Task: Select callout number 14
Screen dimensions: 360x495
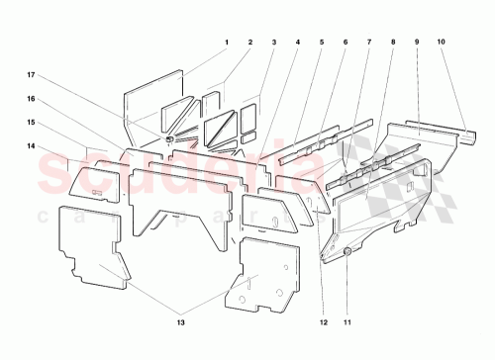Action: [32, 146]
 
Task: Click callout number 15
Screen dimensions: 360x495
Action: [32, 122]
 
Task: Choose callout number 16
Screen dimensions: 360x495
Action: [32, 99]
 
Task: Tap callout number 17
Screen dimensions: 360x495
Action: [32, 73]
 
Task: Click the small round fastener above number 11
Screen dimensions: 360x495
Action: [348, 254]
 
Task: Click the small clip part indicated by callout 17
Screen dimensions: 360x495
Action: [170, 139]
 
